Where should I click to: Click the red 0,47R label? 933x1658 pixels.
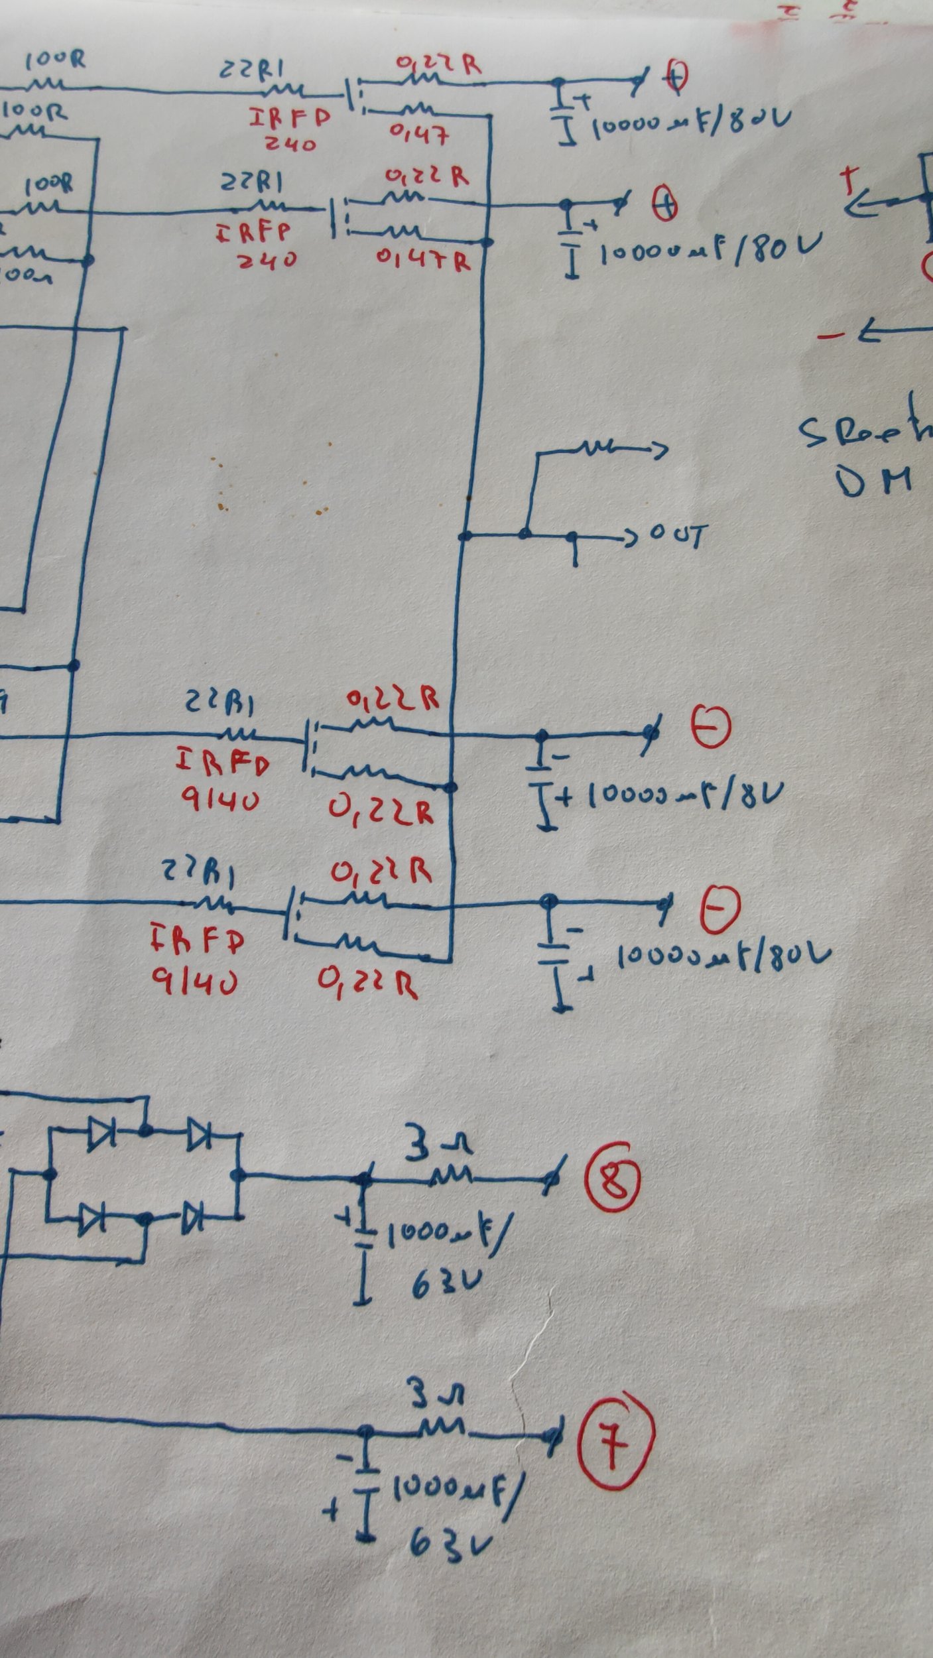click(424, 260)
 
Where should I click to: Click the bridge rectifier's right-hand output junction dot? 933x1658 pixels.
click(239, 1176)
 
